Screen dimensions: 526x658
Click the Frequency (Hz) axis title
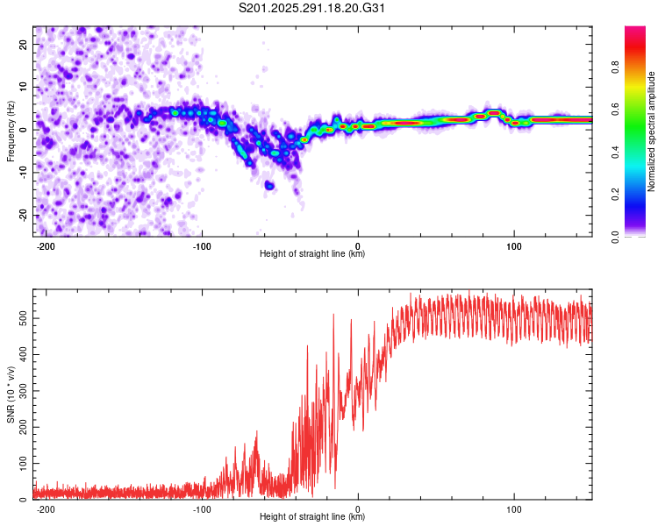11,131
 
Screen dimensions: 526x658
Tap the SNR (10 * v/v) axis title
11,394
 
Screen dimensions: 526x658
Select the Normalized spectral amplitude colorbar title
651,131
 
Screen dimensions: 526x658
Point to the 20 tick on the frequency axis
23,44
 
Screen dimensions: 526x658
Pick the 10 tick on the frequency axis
23,87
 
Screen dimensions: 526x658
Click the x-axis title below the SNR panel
313,517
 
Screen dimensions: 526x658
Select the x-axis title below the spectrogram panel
313,254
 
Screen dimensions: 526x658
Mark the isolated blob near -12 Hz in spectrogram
270,186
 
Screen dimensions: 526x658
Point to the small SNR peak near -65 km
256,432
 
